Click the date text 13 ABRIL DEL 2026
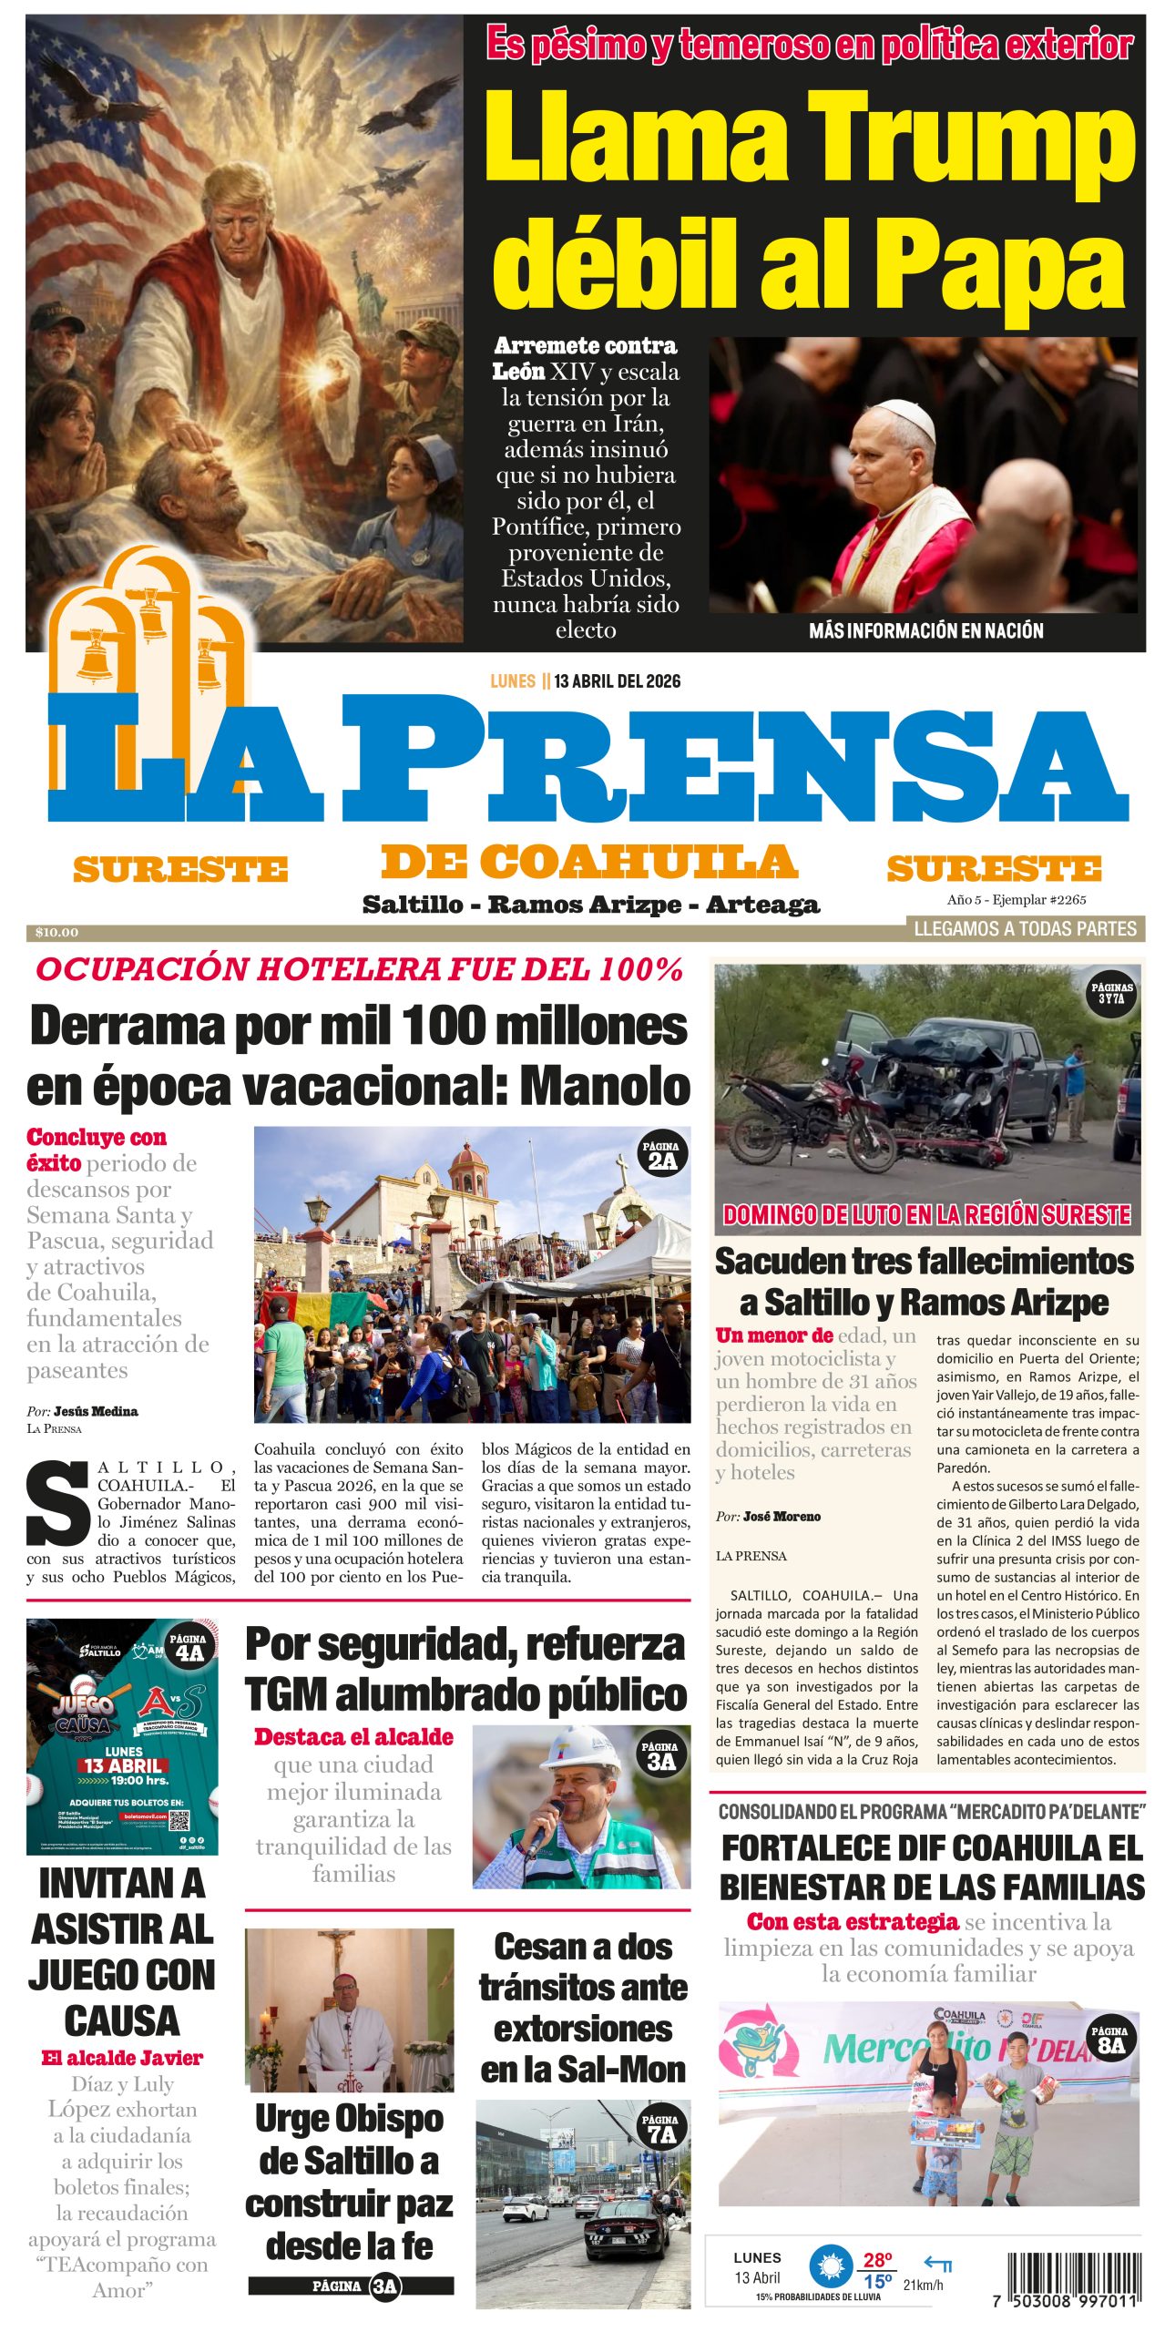pos(617,681)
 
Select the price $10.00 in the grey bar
pos(56,932)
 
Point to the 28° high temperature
pos(877,2260)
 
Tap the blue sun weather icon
pos(829,2267)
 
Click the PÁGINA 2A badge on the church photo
pos(661,1155)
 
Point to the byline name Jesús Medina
pos(96,1411)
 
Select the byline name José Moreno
pos(782,1517)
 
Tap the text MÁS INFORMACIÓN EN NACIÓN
pos(925,630)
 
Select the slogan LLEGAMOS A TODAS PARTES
pos(1025,929)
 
